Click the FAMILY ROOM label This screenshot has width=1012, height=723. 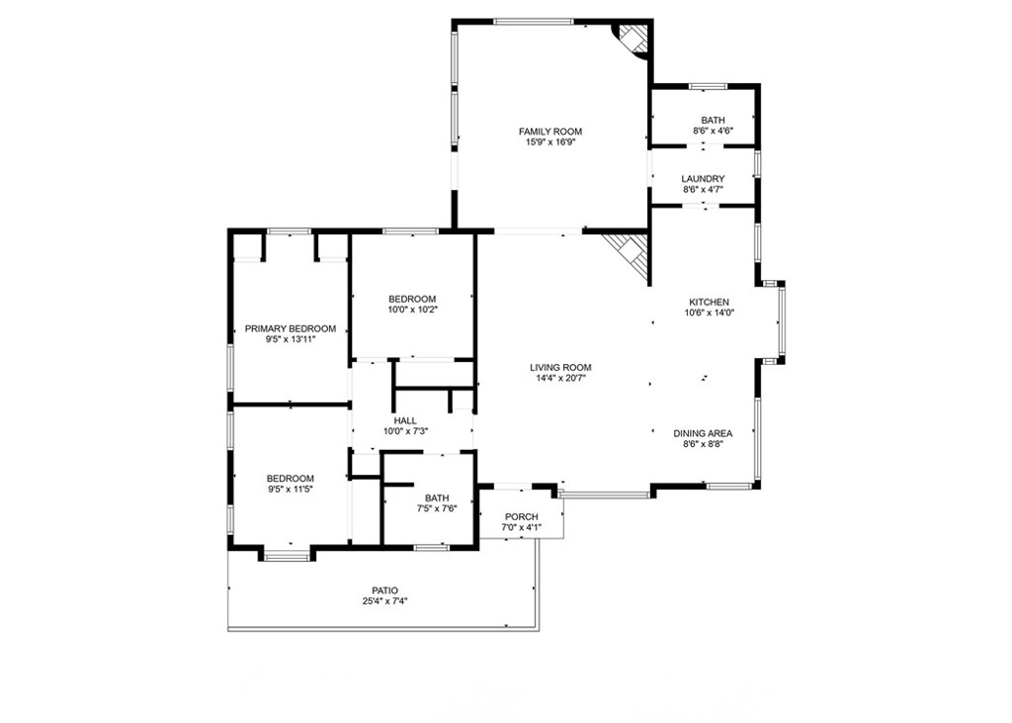coord(549,132)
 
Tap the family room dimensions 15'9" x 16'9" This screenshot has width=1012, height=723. coord(549,142)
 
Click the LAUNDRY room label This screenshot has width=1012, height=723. coord(703,179)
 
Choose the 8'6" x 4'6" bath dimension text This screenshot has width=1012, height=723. coord(713,131)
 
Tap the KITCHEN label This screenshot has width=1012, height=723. coord(709,303)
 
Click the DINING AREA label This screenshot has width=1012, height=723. coord(703,433)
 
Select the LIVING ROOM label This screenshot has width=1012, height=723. coord(560,368)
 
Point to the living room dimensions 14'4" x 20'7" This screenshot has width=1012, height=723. coord(560,379)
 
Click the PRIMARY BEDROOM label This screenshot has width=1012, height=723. coord(291,329)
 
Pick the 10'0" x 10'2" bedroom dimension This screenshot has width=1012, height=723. coord(412,310)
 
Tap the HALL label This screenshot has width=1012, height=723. coord(405,420)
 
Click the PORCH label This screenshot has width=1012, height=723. coord(522,517)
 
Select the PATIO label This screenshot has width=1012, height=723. coord(384,590)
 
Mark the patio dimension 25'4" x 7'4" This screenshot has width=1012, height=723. coord(384,601)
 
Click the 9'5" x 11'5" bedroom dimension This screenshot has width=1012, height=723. coord(291,490)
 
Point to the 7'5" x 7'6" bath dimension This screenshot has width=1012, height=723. coord(437,508)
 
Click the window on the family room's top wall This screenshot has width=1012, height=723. coord(533,22)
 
